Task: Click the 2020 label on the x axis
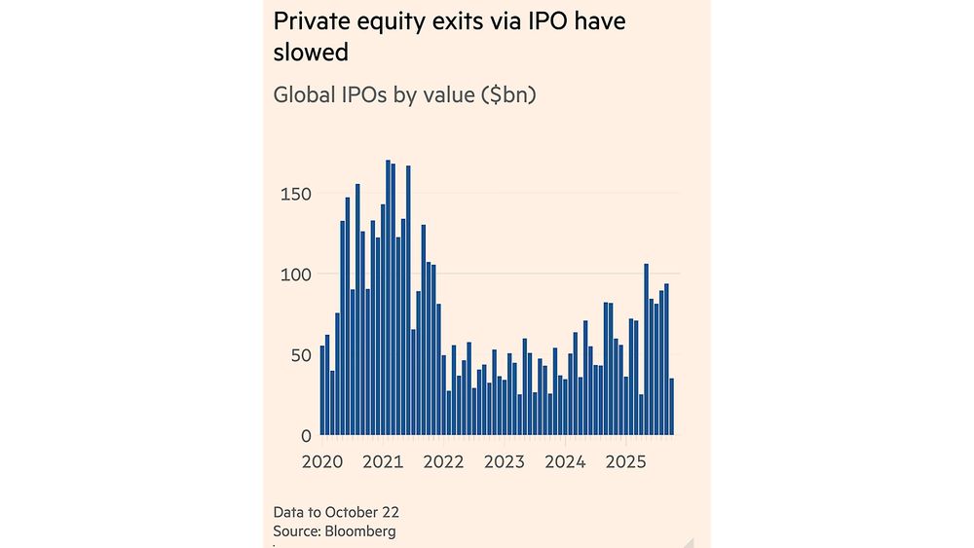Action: click(x=321, y=461)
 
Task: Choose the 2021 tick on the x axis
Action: click(x=383, y=461)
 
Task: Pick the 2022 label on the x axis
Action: click(x=443, y=461)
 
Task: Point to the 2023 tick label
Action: click(x=505, y=461)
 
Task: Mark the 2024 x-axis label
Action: click(x=565, y=461)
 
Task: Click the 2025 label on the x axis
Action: click(x=626, y=461)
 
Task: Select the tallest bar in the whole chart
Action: click(x=388, y=297)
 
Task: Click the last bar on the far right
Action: click(x=671, y=407)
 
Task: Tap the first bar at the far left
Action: click(x=321, y=390)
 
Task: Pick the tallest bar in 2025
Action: click(x=646, y=349)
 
